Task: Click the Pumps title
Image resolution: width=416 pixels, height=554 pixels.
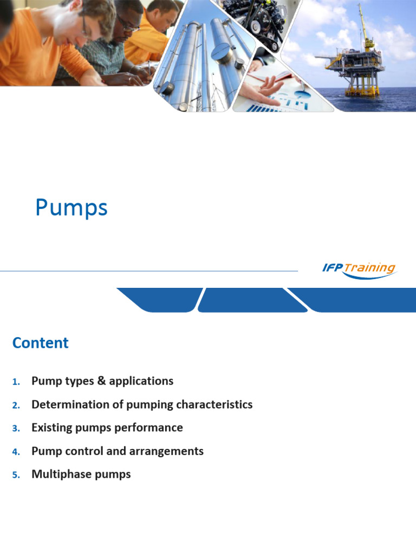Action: click(x=71, y=208)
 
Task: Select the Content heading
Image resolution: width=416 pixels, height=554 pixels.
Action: click(x=41, y=343)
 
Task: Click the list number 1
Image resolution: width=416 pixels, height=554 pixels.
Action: click(x=15, y=382)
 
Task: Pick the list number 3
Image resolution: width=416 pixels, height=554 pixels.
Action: click(x=15, y=428)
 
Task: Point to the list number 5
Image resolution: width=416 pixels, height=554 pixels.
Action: click(x=15, y=475)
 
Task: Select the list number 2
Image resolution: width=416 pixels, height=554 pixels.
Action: click(x=15, y=405)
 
